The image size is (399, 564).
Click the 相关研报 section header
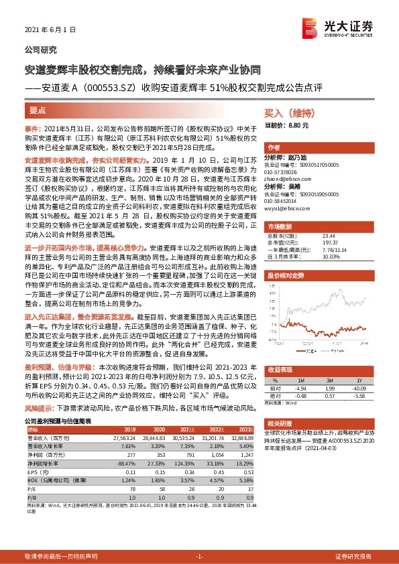pos(280,423)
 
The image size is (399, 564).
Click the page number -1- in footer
pos(199,556)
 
